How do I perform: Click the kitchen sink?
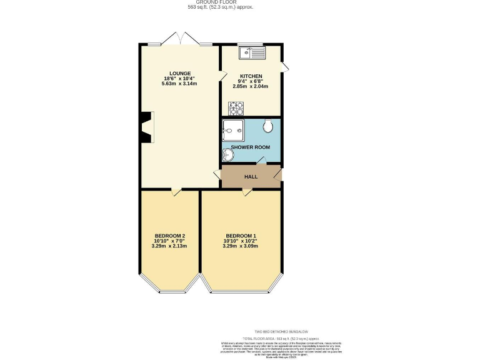click(x=256, y=52)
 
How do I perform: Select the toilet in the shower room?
click(x=268, y=127)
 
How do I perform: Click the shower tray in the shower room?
click(x=231, y=131)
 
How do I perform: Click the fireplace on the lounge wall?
click(x=146, y=128)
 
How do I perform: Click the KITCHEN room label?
click(x=251, y=76)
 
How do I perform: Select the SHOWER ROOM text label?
click(x=251, y=147)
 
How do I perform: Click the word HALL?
click(x=251, y=176)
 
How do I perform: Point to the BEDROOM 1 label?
click(x=240, y=235)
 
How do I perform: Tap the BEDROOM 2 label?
click(x=169, y=235)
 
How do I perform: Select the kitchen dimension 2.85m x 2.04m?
click(x=250, y=86)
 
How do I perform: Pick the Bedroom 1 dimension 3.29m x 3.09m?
click(x=240, y=246)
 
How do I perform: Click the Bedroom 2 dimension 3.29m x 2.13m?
click(x=169, y=246)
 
